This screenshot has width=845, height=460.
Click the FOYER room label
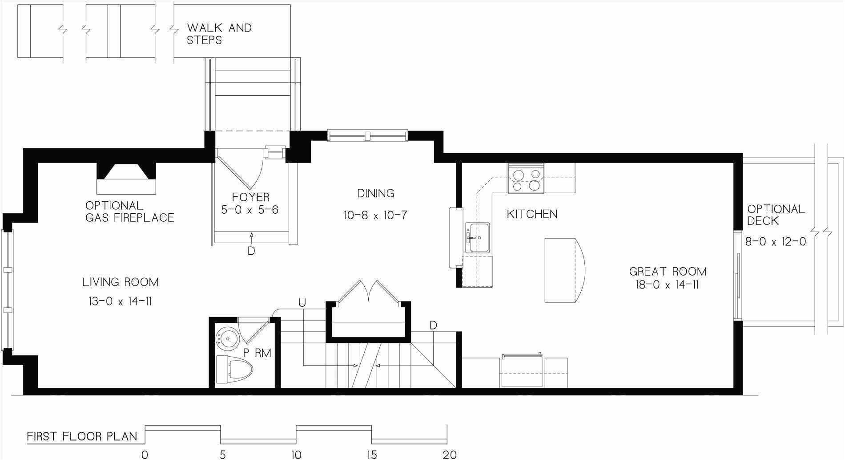[x=251, y=197]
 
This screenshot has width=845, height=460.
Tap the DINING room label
[x=376, y=193]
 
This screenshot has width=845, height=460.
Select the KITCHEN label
[x=532, y=214]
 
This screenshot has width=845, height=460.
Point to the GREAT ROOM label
[x=668, y=271]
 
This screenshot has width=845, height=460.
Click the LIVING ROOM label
[x=121, y=282]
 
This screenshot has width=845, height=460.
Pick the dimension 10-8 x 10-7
[x=376, y=216]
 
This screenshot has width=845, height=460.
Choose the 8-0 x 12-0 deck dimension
[x=776, y=242]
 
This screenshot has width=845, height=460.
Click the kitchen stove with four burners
[x=526, y=180]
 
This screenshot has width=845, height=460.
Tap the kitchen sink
[x=478, y=238]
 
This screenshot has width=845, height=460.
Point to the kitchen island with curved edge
[x=564, y=270]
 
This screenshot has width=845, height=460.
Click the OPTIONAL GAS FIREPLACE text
[x=129, y=212]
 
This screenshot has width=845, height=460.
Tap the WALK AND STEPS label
[x=219, y=34]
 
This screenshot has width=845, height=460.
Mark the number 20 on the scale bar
[x=450, y=455]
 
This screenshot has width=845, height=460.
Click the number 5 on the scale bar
[x=223, y=455]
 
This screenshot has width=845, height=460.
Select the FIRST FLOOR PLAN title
[x=82, y=436]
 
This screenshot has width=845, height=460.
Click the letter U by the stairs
[x=302, y=303]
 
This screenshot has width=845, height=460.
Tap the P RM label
[x=257, y=354]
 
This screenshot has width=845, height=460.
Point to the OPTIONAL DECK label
[x=776, y=215]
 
